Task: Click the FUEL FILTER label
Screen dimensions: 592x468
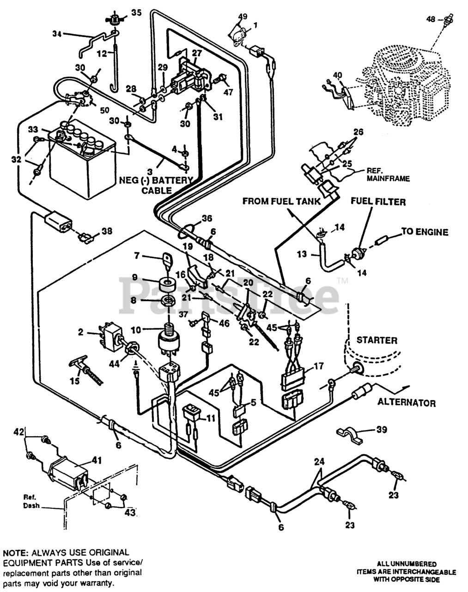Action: [378, 202]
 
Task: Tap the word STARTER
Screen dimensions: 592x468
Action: [377, 340]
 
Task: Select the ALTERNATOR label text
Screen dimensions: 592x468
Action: [406, 402]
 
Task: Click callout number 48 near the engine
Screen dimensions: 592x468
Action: [431, 20]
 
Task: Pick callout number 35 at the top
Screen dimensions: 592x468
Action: [136, 12]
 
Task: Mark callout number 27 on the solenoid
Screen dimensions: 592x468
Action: [197, 53]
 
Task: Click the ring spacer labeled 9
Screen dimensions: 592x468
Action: [168, 283]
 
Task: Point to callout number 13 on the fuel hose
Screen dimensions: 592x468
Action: [302, 254]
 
